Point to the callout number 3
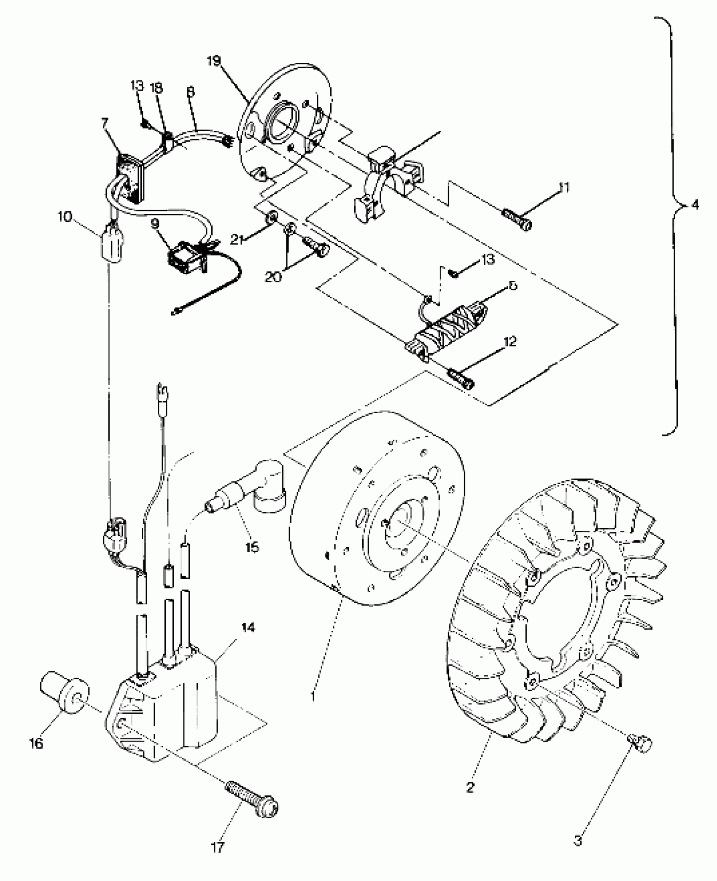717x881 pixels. [x=578, y=841]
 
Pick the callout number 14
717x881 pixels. [x=248, y=639]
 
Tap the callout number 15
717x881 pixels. [x=252, y=548]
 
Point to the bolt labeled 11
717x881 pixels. [x=517, y=220]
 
